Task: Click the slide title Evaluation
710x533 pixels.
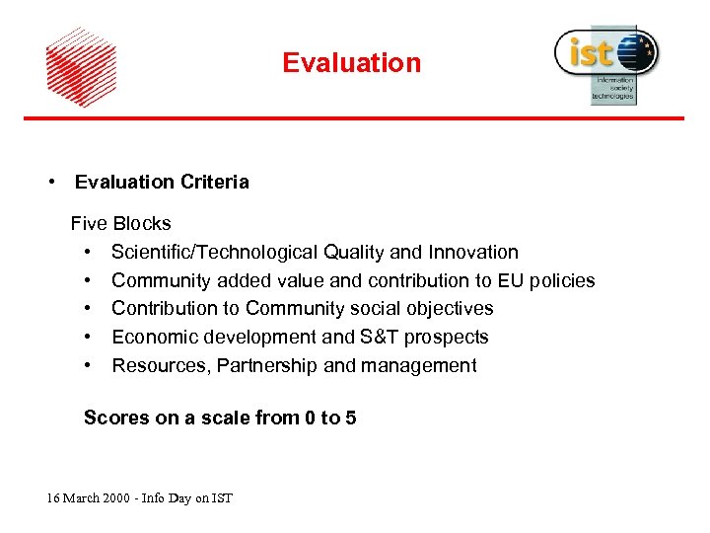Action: (351, 63)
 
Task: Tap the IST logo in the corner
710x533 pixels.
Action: (605, 63)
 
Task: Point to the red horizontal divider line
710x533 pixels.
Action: (354, 118)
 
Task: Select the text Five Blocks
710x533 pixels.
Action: (120, 224)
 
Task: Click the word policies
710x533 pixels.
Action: (562, 280)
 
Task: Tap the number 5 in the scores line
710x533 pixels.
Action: (350, 419)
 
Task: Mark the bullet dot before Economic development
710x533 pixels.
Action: (89, 338)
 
